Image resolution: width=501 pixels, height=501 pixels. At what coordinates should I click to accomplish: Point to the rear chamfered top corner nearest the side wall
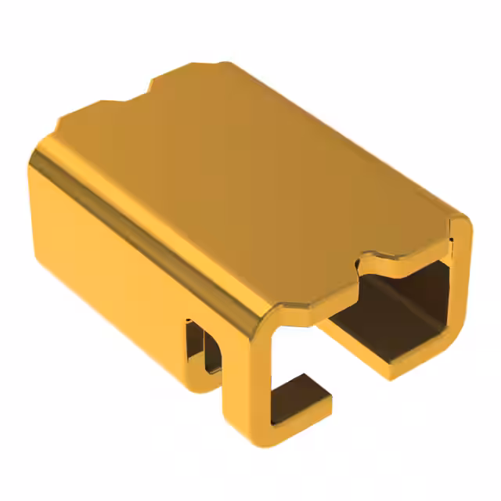point(59,125)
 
